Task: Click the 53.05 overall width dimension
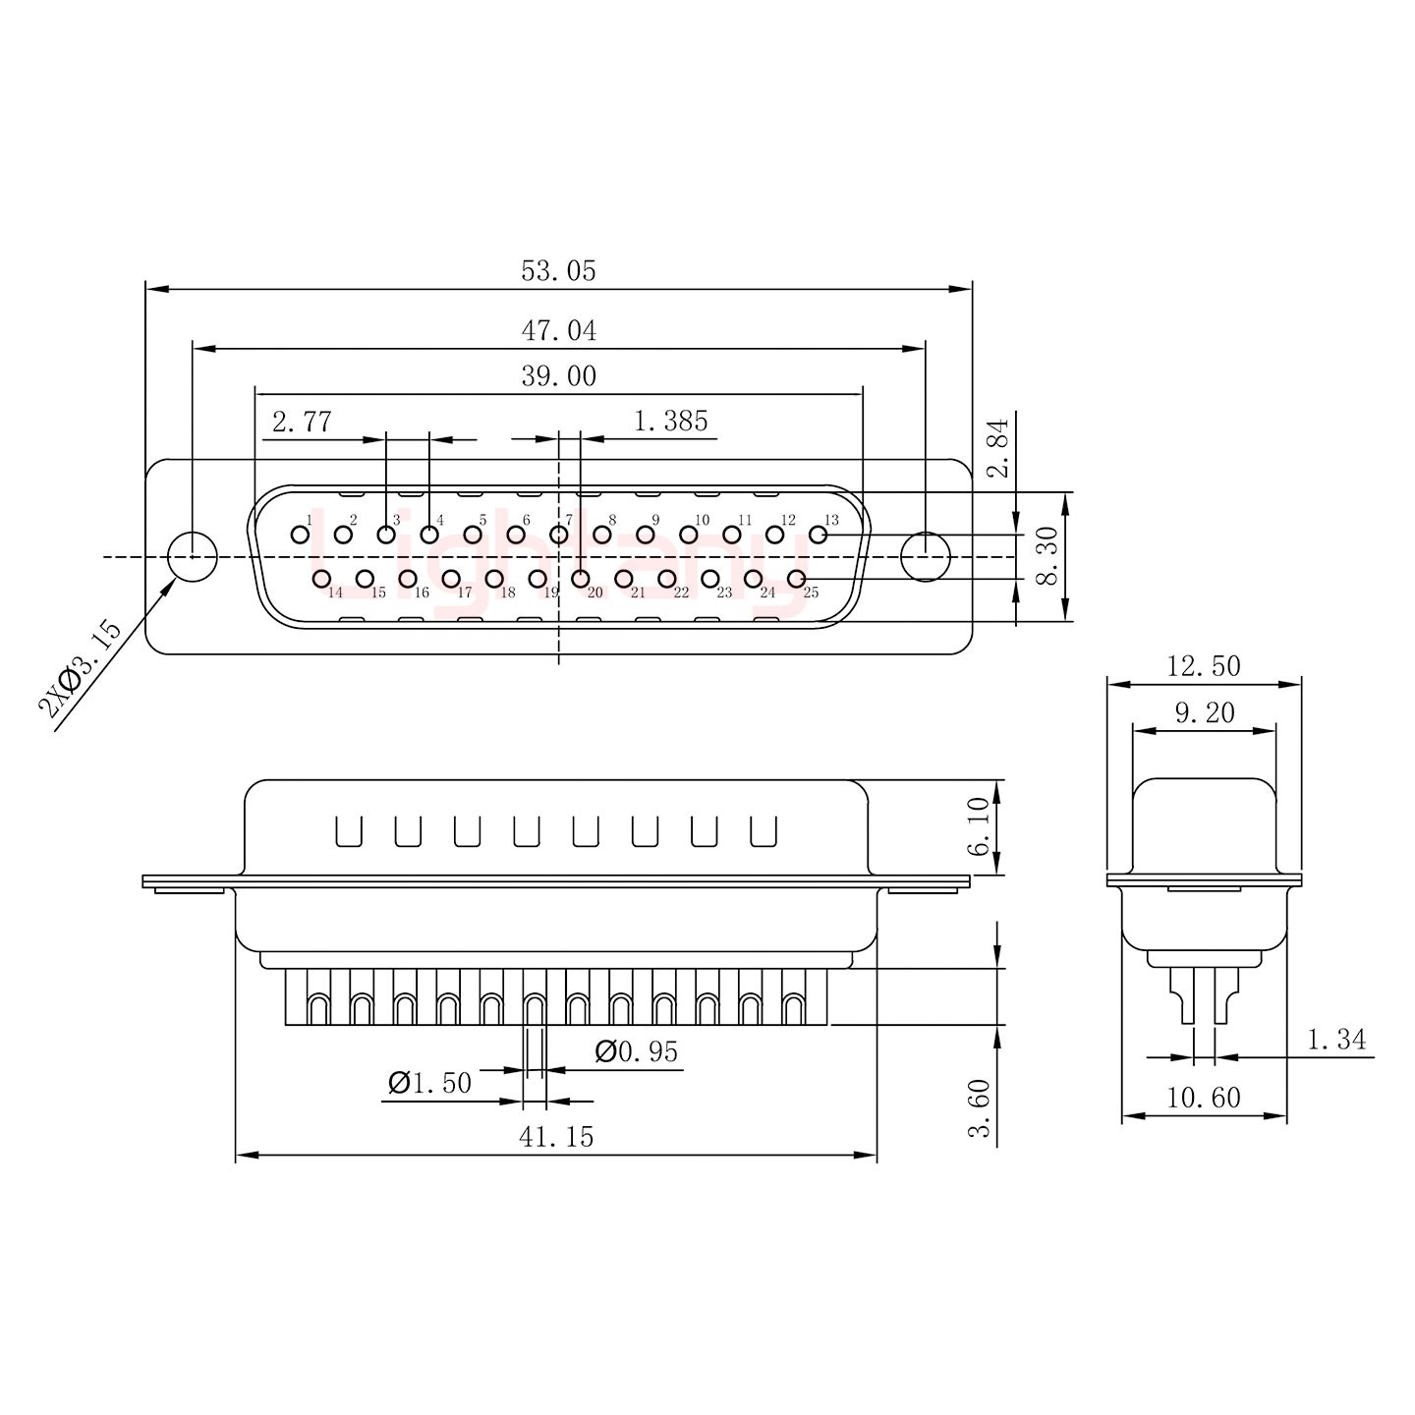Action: (558, 271)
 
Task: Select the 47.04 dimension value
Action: (558, 331)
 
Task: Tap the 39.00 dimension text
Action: (558, 376)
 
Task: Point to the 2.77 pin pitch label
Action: (302, 423)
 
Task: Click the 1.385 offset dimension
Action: (670, 422)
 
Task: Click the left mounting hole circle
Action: (193, 556)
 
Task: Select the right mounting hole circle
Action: (926, 556)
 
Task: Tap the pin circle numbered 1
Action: (300, 535)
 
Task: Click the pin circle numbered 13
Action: (818, 535)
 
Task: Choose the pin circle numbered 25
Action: (797, 579)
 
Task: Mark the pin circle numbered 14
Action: (321, 579)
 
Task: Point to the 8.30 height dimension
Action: (1047, 557)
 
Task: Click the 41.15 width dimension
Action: (556, 1137)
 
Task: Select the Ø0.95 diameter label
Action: (637, 1052)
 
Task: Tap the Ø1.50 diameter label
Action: (429, 1084)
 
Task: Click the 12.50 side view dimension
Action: (1204, 666)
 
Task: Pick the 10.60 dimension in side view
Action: (1204, 1098)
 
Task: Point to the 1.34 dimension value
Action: (1336, 1040)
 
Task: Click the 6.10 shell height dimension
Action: (980, 826)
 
